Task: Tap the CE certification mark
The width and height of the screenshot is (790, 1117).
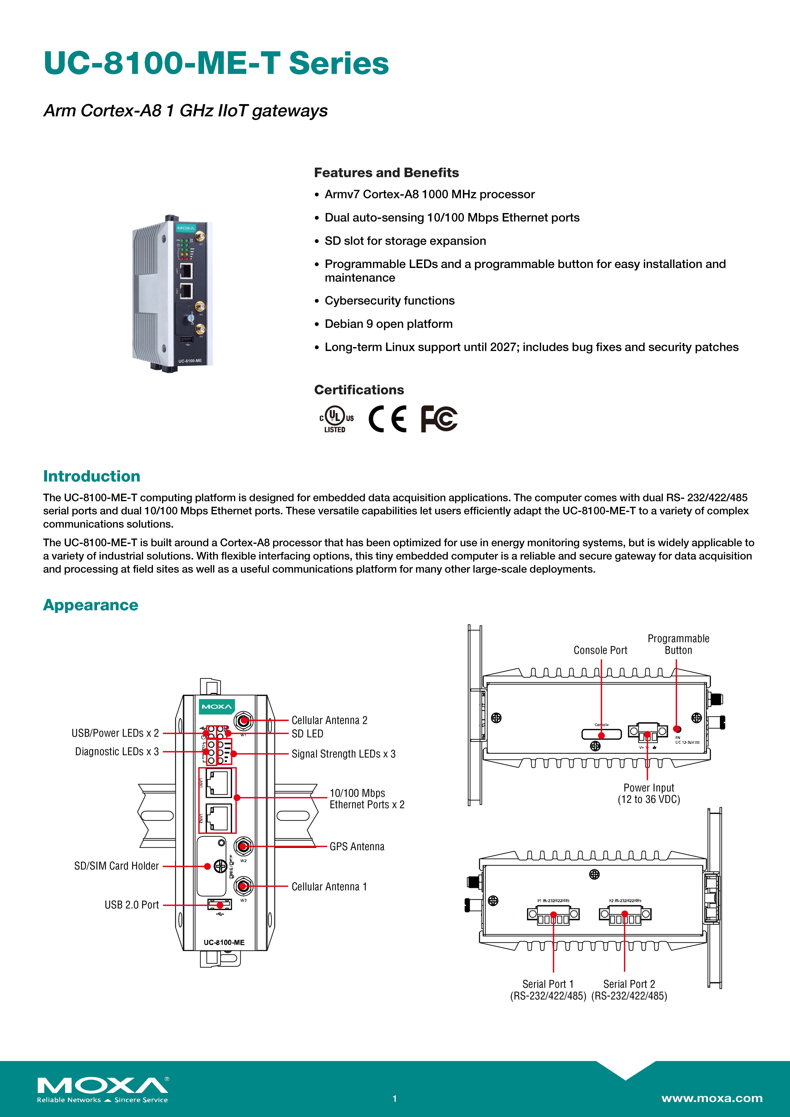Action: point(388,418)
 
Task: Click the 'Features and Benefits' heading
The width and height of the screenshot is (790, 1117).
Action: point(386,173)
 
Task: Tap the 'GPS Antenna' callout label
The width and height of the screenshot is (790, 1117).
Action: point(357,847)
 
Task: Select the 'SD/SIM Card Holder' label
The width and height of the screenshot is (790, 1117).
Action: point(116,866)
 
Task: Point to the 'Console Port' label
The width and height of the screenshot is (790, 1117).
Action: point(600,650)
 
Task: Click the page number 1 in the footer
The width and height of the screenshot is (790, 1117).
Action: point(395,1099)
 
